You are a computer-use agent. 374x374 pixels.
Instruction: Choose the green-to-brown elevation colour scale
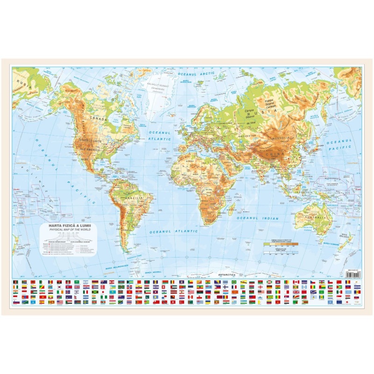point(280,244)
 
